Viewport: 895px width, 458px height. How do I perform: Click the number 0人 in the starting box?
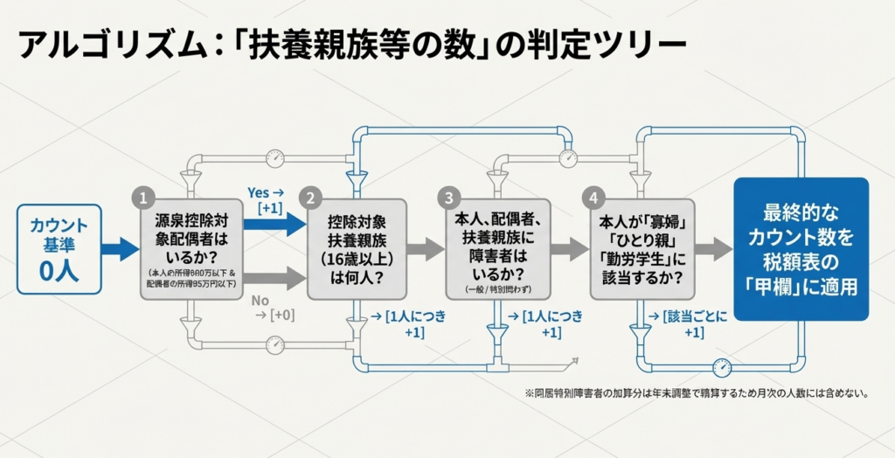coord(59,270)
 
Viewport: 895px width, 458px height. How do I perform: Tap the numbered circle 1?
coord(145,198)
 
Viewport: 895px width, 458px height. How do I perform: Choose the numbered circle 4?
coord(593,198)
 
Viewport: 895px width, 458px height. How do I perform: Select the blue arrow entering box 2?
coord(274,224)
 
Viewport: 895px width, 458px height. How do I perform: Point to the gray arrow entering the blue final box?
coord(712,250)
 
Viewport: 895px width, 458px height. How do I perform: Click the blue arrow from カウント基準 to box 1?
coord(119,250)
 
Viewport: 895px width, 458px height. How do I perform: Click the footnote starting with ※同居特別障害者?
coord(695,393)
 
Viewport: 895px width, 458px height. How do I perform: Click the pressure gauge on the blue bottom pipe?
coord(722,368)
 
